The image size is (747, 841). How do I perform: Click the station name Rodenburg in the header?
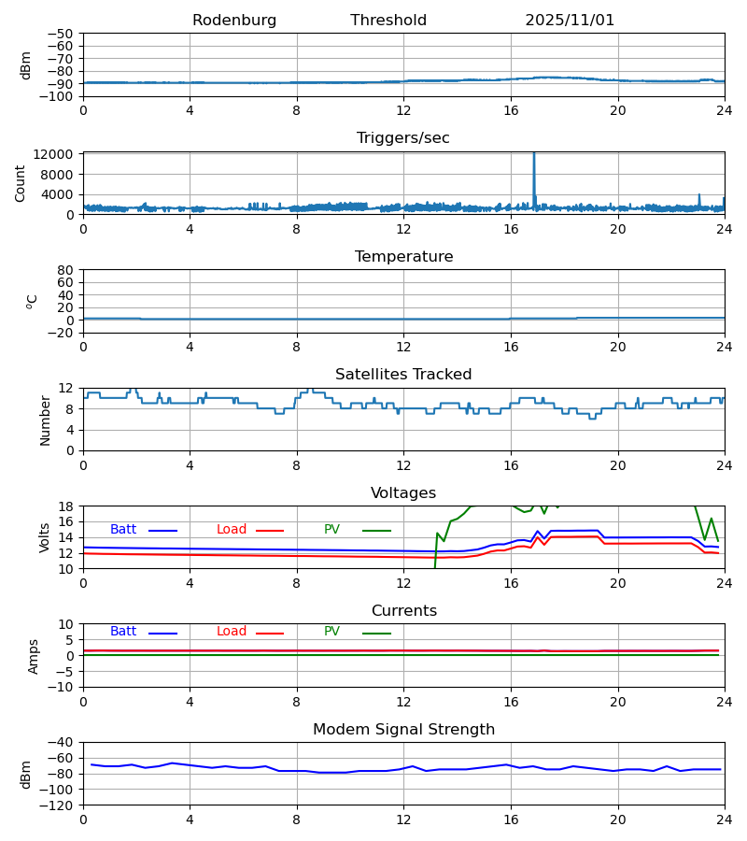point(234,21)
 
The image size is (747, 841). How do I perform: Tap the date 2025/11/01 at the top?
point(570,21)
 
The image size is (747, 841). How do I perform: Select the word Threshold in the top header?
point(388,21)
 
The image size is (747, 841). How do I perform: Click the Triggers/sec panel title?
point(403,138)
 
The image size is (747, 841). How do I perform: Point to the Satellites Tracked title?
point(403,375)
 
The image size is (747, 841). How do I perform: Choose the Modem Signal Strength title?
point(403,730)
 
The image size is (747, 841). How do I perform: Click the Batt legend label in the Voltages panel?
point(123,530)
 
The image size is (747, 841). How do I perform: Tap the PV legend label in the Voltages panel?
point(331,530)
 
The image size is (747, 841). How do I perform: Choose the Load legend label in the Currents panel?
point(232,632)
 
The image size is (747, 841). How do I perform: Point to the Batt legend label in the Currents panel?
point(123,632)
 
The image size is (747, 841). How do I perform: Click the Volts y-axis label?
point(46,537)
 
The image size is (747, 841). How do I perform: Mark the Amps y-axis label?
point(34,656)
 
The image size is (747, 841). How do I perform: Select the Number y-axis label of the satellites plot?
point(46,420)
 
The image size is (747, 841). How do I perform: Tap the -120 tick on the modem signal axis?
point(58,805)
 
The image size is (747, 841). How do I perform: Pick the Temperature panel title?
point(403,257)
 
